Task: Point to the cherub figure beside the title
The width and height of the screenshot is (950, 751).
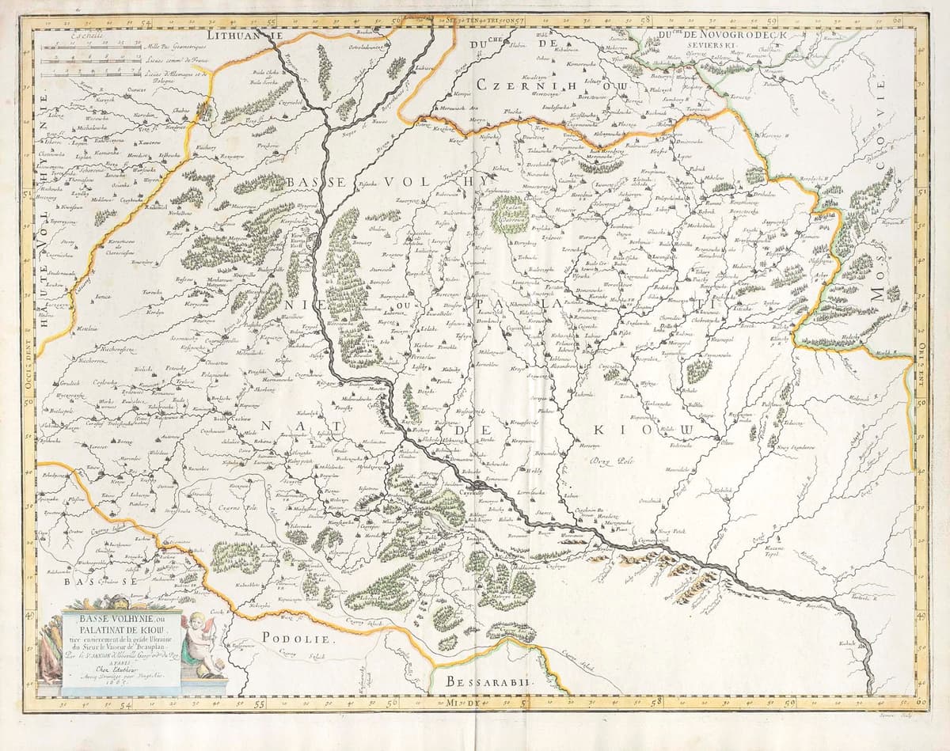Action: click(x=195, y=642)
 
